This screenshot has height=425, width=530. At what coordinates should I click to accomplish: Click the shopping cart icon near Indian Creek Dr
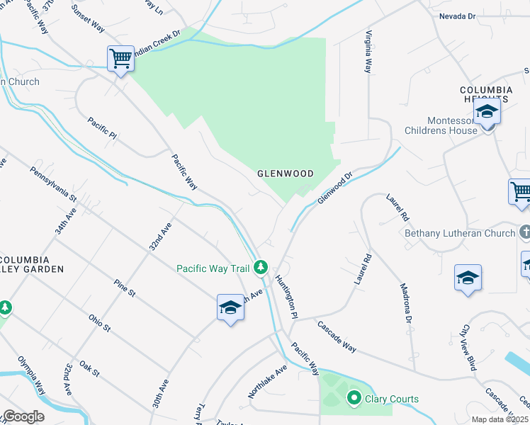click(121, 58)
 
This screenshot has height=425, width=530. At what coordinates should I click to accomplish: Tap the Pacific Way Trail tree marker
click(261, 267)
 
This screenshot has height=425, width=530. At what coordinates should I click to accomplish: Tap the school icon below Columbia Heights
click(487, 113)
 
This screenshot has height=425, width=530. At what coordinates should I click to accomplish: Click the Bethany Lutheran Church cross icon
click(524, 232)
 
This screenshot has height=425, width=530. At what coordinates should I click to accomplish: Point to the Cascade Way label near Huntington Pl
click(337, 337)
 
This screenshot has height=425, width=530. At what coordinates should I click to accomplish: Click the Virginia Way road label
click(368, 52)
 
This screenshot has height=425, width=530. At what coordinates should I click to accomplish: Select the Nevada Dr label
click(458, 16)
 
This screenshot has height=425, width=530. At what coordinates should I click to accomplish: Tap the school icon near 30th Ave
click(230, 308)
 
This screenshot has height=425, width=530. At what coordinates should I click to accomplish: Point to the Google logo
click(23, 416)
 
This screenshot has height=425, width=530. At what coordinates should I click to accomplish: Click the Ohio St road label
click(99, 324)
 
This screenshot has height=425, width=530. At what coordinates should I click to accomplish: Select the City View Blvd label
click(469, 348)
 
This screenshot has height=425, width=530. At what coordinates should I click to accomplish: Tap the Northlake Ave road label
click(267, 382)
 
